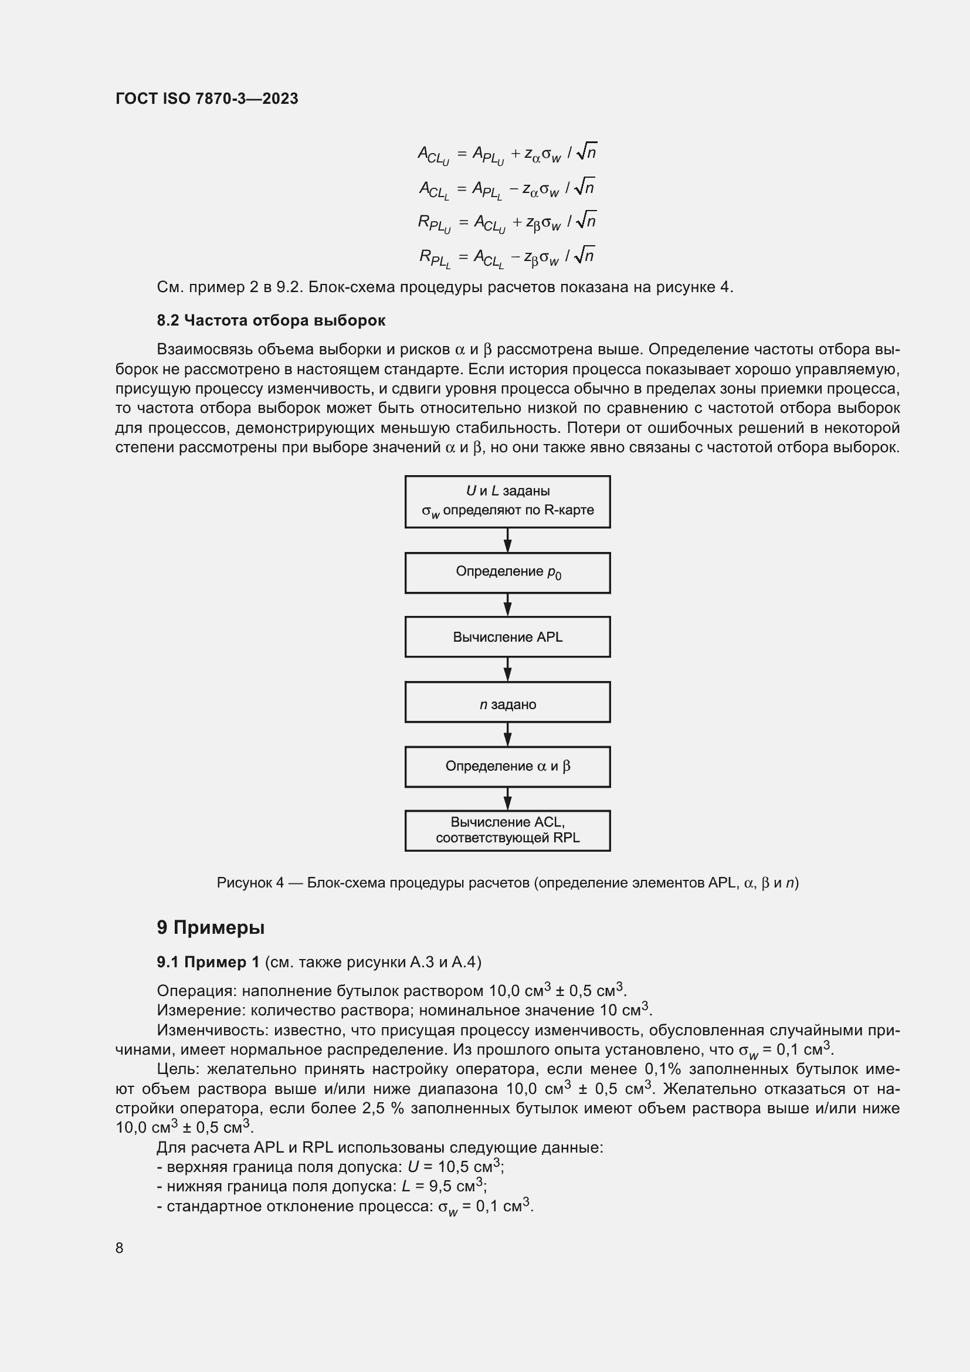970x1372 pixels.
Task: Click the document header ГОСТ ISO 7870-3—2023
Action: [x=206, y=99]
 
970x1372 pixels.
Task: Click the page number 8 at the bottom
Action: [x=120, y=1248]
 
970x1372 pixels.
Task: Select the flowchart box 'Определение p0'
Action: [x=507, y=572]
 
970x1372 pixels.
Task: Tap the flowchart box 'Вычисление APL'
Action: [x=507, y=637]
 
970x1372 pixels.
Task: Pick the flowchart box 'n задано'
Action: [x=507, y=703]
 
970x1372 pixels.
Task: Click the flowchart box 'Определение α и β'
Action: [x=507, y=767]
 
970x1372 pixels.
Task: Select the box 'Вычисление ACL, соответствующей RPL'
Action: [x=507, y=831]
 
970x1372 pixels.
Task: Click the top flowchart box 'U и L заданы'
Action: [x=507, y=502]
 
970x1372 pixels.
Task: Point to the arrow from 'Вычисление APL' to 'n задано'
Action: [x=507, y=670]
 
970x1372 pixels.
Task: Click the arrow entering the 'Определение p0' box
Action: [x=507, y=541]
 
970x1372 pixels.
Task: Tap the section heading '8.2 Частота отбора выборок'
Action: [x=270, y=320]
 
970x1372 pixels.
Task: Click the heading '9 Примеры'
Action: [x=211, y=927]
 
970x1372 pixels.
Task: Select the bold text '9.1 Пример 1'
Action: [x=208, y=962]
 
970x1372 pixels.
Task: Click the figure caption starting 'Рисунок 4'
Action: [x=507, y=883]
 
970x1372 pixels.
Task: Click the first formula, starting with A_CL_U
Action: [x=507, y=154]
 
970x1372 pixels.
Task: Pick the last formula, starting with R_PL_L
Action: [x=507, y=257]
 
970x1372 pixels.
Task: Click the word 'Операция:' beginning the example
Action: [x=196, y=991]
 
